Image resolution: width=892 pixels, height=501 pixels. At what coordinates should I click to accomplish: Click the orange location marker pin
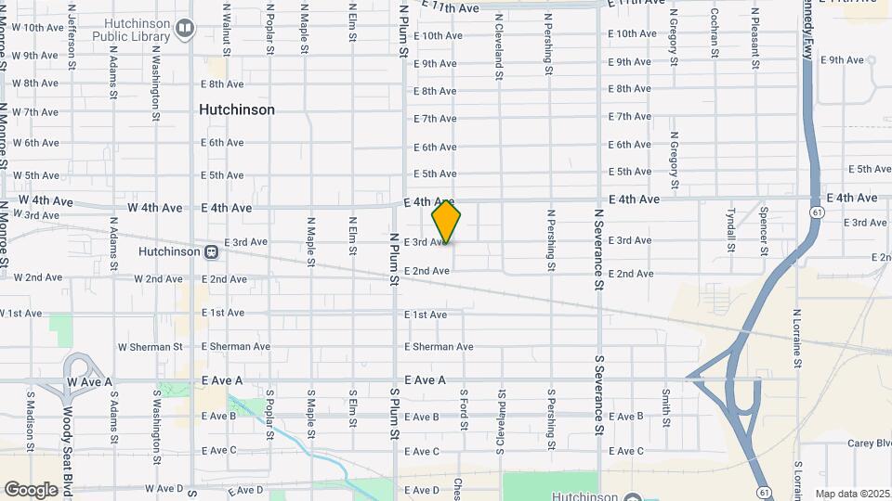point(446,222)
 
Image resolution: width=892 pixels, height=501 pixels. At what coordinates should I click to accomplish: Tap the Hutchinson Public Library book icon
point(184,29)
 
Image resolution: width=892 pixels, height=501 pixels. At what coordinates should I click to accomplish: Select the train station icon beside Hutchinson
point(212,251)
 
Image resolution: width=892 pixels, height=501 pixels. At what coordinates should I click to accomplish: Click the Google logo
point(32,489)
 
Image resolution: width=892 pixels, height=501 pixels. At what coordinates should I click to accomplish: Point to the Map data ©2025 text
point(853,494)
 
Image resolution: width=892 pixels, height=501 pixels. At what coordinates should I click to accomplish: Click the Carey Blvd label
point(869,443)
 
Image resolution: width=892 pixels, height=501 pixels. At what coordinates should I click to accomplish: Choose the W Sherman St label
point(150,347)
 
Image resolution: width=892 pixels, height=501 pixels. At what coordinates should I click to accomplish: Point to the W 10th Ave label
point(33,28)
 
